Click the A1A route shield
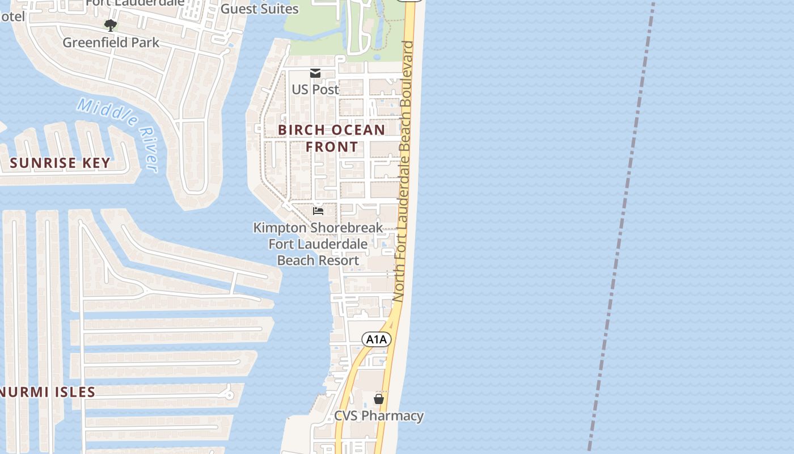(x=377, y=339)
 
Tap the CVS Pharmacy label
(x=378, y=415)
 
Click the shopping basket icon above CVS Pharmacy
(x=379, y=399)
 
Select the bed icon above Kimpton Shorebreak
(x=318, y=211)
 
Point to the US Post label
(x=315, y=89)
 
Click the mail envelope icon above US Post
(x=315, y=73)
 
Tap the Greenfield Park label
(x=111, y=43)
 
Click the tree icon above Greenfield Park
(x=111, y=25)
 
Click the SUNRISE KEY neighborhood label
(x=60, y=163)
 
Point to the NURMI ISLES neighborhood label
(x=48, y=392)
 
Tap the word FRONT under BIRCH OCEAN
(x=332, y=147)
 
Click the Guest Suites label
(x=259, y=9)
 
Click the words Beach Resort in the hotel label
(x=318, y=260)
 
